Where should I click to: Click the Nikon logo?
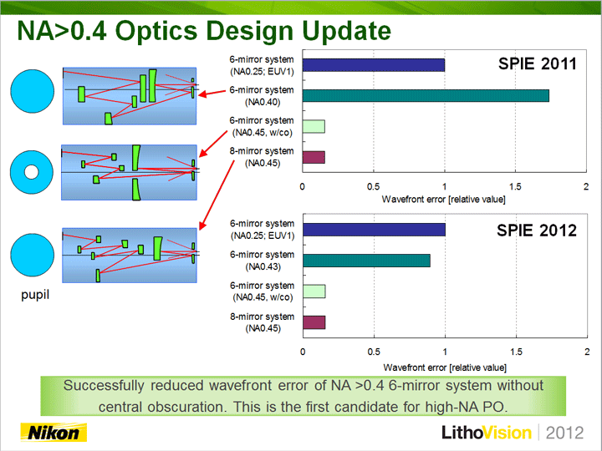54,433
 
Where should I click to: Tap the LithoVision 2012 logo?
513,433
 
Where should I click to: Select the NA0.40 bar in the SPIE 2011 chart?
426,95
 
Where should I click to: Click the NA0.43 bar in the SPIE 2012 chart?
366,261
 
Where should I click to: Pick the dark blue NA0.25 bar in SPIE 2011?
374,65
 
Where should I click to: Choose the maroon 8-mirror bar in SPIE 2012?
314,322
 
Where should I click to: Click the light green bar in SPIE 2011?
314,127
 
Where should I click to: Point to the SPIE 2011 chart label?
537,63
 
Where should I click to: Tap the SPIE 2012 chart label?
537,231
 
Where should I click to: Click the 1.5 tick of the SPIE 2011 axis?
515,187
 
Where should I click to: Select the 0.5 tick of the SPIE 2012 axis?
374,352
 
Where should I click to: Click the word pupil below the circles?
35,295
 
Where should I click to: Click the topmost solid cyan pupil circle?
33,91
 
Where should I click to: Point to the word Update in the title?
347,31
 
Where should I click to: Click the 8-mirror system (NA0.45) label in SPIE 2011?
262,157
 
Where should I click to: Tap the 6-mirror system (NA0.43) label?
263,261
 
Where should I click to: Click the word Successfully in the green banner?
104,386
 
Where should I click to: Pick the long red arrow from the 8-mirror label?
217,195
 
